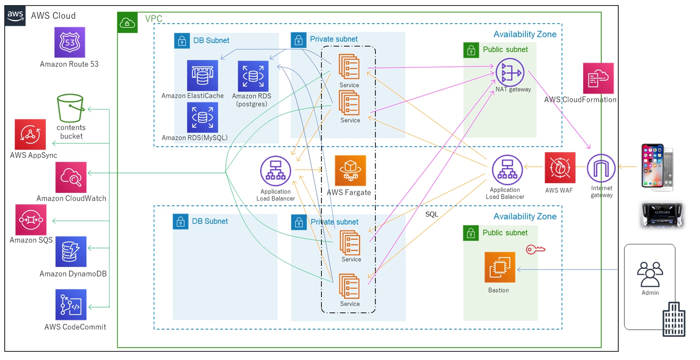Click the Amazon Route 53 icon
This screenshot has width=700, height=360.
coord(69,42)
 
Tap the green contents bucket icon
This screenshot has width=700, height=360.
coord(70,108)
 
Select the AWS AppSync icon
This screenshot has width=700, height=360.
coord(30,134)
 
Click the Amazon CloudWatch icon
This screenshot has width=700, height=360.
coord(71,177)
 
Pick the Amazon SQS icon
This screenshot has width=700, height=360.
coord(31,220)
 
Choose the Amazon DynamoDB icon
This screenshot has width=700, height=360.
coord(71,251)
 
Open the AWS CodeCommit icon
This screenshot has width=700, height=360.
coord(71,304)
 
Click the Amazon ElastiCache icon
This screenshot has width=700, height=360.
coord(203,75)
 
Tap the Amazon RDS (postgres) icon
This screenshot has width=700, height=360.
coord(253,76)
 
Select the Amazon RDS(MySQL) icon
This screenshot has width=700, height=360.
coord(203,117)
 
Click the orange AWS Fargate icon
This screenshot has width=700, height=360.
coord(350,171)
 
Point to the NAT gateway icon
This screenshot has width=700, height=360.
coord(510,73)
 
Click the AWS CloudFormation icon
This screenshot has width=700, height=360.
coord(599,78)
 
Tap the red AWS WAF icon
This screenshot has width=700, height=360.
coord(560,168)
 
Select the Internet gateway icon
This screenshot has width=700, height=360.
coord(601,168)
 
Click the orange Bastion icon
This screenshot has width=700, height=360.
coord(500,267)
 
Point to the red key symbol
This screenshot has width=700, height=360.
coord(535,249)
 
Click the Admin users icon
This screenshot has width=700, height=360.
coord(650,275)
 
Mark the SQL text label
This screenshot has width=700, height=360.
coord(432,214)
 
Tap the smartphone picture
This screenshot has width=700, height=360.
coord(657,167)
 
